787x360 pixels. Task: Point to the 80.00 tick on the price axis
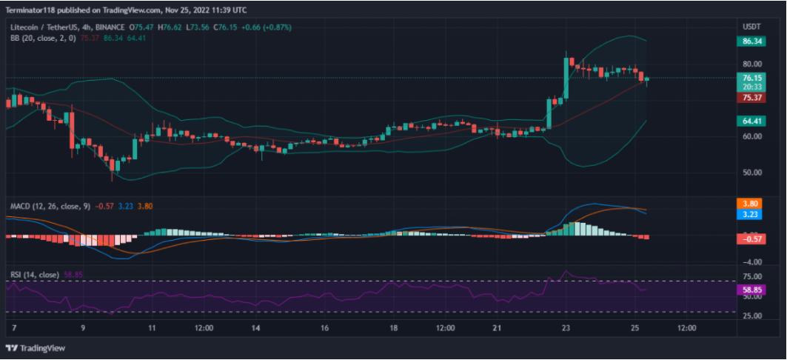point(751,64)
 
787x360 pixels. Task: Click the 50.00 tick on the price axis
point(751,173)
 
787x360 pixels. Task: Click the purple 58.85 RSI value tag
point(751,290)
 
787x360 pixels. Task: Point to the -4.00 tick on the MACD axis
point(751,262)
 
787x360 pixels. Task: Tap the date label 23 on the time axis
point(566,327)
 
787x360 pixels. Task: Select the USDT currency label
point(751,27)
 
